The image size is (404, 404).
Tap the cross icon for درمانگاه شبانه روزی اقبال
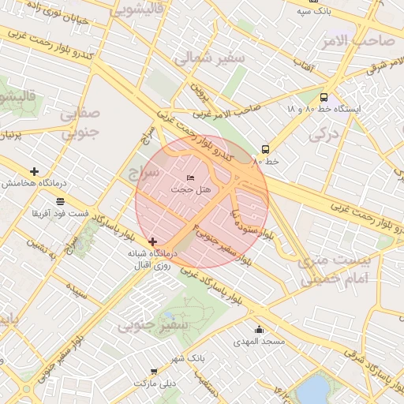[152, 241]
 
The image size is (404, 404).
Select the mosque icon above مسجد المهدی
[259, 330]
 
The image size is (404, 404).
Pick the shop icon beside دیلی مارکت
[153, 371]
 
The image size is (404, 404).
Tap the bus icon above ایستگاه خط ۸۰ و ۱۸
[324, 97]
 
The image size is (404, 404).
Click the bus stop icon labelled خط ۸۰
[265, 149]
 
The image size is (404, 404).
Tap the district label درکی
[324, 135]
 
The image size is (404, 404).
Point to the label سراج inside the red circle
[145, 171]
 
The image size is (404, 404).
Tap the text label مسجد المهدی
[259, 342]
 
